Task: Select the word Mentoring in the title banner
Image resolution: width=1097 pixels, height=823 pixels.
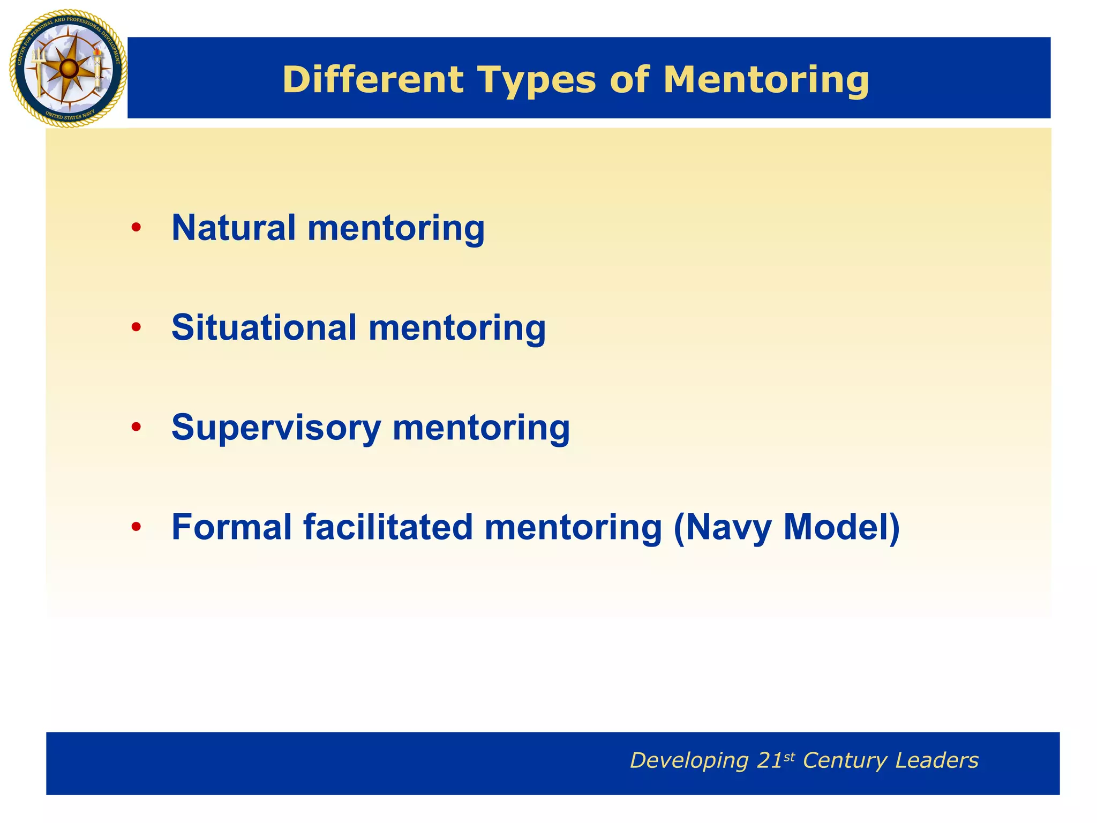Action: pyautogui.click(x=766, y=80)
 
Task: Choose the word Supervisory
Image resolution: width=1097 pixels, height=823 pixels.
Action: pyautogui.click(x=276, y=428)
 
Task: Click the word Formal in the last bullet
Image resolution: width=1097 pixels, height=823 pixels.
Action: pyautogui.click(x=231, y=527)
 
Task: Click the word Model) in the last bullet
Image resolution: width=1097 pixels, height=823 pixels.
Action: pyautogui.click(x=841, y=528)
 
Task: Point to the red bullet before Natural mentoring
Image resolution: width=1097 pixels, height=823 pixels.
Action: pyautogui.click(x=136, y=228)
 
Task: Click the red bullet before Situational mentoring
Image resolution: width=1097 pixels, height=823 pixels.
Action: pyautogui.click(x=136, y=327)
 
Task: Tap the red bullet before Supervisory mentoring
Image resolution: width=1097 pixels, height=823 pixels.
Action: pyautogui.click(x=136, y=427)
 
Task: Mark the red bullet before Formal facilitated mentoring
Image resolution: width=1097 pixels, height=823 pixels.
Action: pyautogui.click(x=136, y=527)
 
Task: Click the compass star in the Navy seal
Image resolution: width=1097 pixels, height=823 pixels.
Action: pyautogui.click(x=68, y=68)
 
